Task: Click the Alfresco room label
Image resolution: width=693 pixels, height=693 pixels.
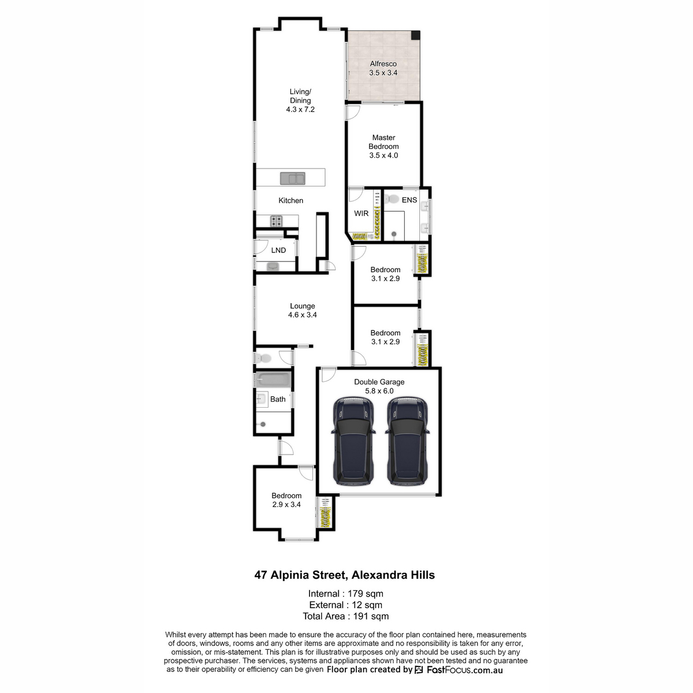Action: click(x=383, y=68)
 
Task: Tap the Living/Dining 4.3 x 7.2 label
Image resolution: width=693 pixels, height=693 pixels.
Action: click(x=300, y=100)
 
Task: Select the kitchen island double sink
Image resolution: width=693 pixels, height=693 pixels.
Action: click(x=293, y=178)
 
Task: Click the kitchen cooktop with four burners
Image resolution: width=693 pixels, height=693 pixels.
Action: click(x=277, y=221)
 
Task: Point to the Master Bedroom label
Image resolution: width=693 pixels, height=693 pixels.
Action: click(x=383, y=146)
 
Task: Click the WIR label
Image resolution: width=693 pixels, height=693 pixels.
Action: click(x=361, y=214)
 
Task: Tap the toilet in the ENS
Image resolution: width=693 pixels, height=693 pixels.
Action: click(x=392, y=199)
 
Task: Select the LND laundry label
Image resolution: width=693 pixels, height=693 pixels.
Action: click(x=278, y=250)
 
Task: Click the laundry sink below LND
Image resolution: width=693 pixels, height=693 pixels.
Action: click(x=272, y=266)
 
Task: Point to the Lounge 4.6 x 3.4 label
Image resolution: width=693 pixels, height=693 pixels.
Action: click(x=302, y=310)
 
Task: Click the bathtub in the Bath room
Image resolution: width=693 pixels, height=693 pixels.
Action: click(x=273, y=380)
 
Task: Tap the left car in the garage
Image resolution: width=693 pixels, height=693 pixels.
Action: click(x=353, y=441)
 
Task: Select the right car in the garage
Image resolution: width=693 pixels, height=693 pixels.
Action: click(x=408, y=441)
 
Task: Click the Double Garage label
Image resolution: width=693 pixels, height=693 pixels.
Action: click(x=379, y=386)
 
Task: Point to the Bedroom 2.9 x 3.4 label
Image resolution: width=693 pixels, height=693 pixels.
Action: click(x=286, y=500)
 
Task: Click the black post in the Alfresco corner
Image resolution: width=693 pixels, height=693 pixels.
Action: click(x=415, y=35)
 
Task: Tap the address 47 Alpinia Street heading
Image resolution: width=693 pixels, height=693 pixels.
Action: click(x=345, y=575)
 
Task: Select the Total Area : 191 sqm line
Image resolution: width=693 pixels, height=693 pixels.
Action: click(x=345, y=616)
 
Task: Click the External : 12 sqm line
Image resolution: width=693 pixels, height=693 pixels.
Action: click(x=345, y=605)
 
